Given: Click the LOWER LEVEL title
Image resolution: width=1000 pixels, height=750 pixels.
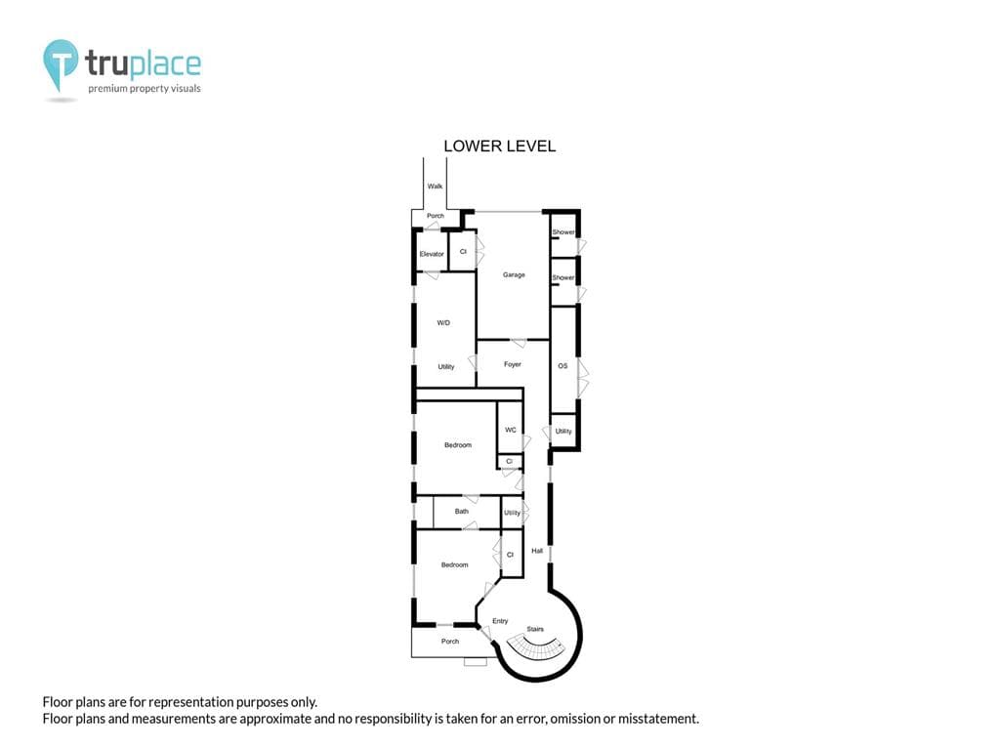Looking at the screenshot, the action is pos(499,146).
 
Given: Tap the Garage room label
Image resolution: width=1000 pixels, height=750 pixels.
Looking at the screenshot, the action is pos(514,274).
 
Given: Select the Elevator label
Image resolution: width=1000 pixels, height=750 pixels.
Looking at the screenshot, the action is pos(432,254).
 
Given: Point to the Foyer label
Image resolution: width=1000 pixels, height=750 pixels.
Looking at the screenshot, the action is pos(512,364).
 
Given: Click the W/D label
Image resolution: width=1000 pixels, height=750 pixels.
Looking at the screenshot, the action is pos(443,322).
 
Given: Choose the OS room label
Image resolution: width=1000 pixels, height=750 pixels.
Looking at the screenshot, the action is pos(562,366).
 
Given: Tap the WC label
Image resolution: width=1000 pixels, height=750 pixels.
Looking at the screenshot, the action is pos(510,430).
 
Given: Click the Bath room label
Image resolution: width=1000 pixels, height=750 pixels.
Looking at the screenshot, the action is pos(462,512).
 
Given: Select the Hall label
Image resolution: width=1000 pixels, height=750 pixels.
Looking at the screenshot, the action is pos(537,551).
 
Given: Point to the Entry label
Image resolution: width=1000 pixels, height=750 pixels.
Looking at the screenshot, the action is pos(500,621).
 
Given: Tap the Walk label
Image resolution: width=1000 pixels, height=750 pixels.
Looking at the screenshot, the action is pos(435,187).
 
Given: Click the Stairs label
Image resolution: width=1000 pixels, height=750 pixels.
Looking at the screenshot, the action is pos(535,629).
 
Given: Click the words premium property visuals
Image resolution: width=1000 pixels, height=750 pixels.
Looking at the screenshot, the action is pos(145,89).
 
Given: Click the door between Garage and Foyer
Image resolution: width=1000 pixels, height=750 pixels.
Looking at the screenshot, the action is pos(519,343).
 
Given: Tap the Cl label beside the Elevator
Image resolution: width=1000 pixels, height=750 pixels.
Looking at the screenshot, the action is pos(463,251).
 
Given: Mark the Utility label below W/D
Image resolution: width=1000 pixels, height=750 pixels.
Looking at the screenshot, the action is pos(445,367).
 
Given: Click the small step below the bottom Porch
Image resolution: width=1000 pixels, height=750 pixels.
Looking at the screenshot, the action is pos(476,662).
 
